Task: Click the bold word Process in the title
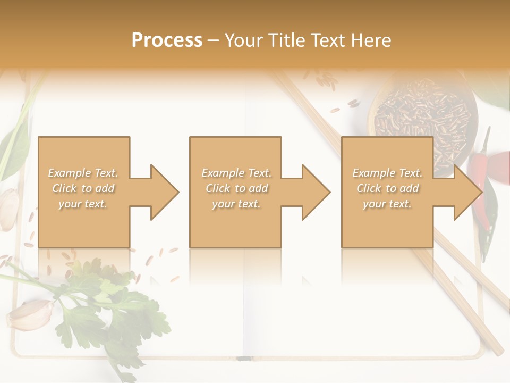[x=167, y=40]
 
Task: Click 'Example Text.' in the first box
[x=83, y=173]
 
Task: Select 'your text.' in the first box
[x=83, y=204]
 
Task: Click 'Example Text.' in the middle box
[x=236, y=173]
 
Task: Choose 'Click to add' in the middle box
[x=236, y=188]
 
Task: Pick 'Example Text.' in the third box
[x=387, y=173]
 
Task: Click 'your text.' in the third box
[x=387, y=204]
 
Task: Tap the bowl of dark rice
[x=420, y=114]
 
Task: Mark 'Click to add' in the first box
[x=83, y=188]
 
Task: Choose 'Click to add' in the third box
[x=387, y=188]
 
